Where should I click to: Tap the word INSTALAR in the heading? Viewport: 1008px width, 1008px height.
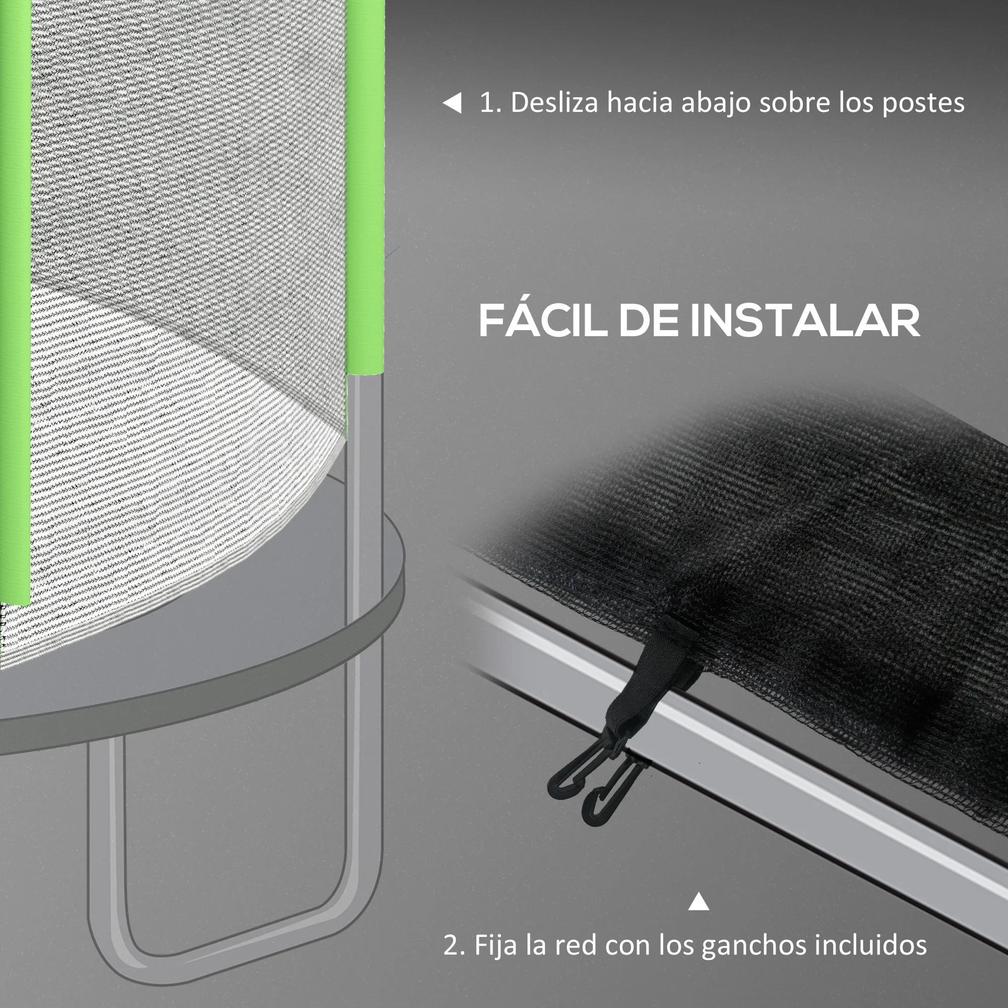pyautogui.click(x=805, y=321)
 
